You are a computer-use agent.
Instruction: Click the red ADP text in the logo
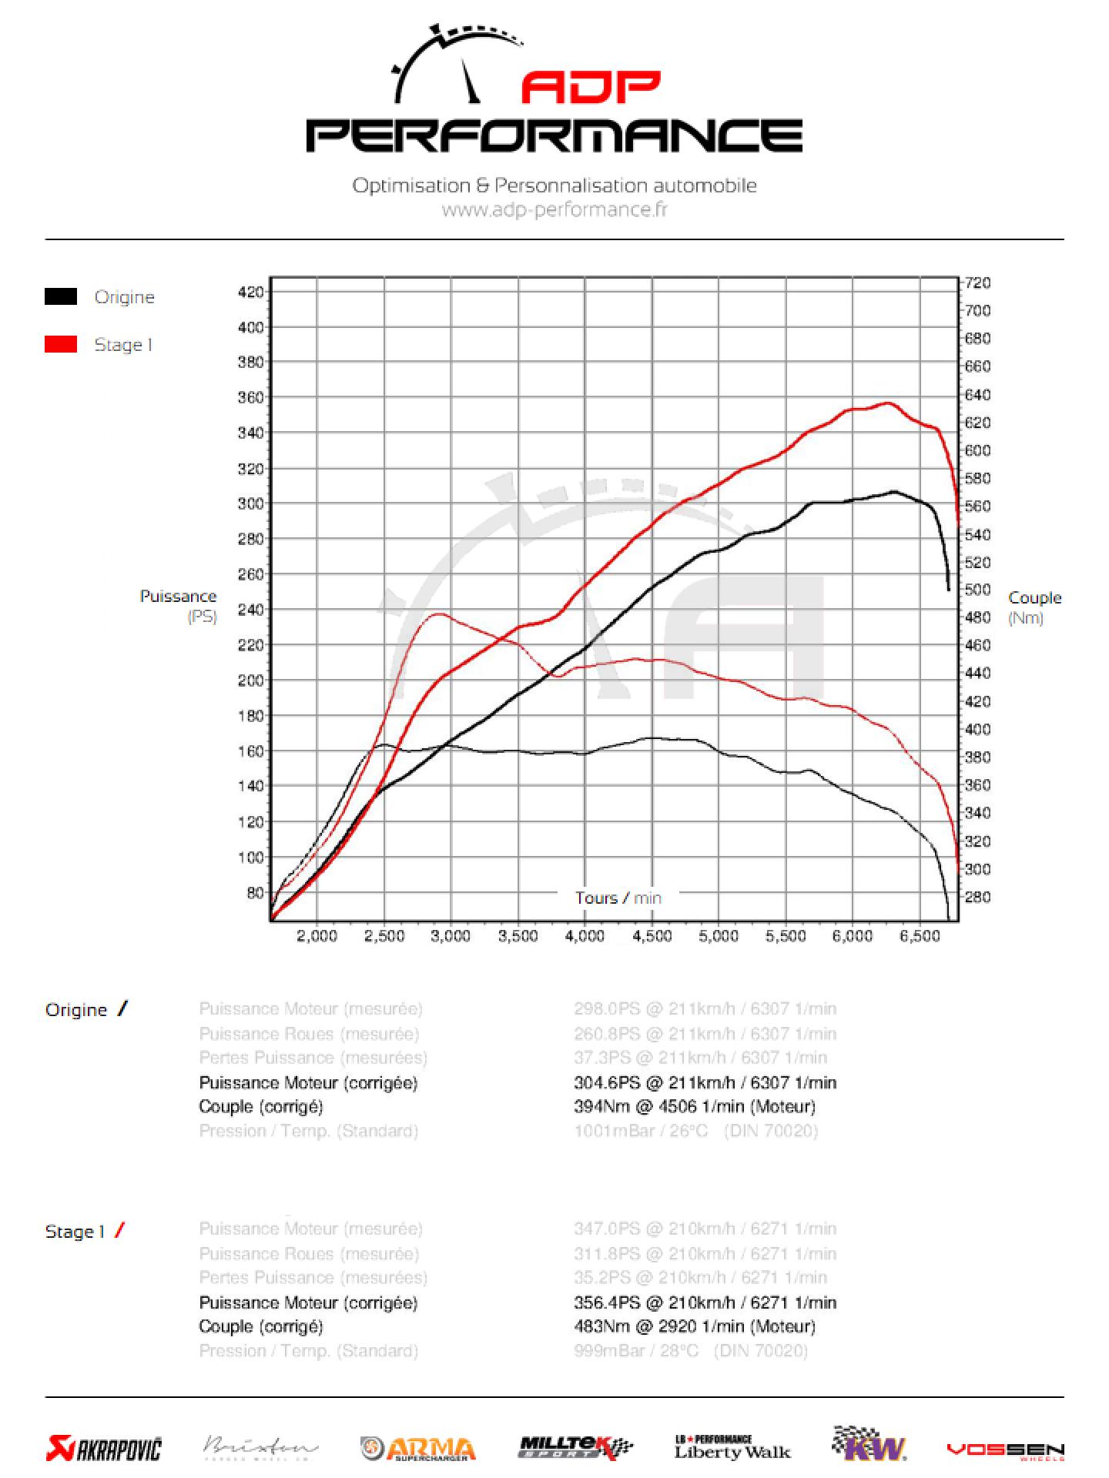pyautogui.click(x=591, y=88)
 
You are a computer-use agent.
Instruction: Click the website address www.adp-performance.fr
pyautogui.click(x=554, y=209)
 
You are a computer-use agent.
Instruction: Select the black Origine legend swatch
pyautogui.click(x=61, y=296)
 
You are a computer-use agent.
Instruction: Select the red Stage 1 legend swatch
pyautogui.click(x=61, y=344)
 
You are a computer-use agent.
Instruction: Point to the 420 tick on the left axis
pyautogui.click(x=251, y=292)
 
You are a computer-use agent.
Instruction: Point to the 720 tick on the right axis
pyautogui.click(x=978, y=283)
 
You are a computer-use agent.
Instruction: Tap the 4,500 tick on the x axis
pyautogui.click(x=652, y=936)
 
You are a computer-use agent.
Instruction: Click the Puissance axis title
pyautogui.click(x=178, y=597)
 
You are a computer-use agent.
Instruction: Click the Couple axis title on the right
pyautogui.click(x=1034, y=598)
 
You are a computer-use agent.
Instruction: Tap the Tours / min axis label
pyautogui.click(x=618, y=898)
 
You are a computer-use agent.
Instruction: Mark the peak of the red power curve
pyautogui.click(x=888, y=403)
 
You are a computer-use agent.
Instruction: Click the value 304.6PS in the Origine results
pyautogui.click(x=607, y=1082)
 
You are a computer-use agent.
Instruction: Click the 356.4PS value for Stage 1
pyautogui.click(x=607, y=1302)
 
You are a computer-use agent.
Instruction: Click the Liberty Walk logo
pyautogui.click(x=732, y=1447)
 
